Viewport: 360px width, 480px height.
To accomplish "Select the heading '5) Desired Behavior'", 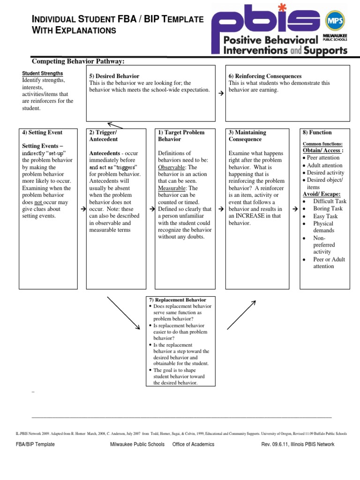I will pos(114,76).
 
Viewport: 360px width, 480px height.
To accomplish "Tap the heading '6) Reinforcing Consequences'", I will pos(265,76).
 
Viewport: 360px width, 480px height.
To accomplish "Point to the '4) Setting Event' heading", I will pos(42,133).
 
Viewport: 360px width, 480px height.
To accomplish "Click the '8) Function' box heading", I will pos(317,133).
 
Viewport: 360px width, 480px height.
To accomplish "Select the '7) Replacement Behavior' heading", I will pos(177,300).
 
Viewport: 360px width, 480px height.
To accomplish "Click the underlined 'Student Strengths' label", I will pos(43,74).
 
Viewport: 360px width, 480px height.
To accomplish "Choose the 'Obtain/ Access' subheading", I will pos(322,150).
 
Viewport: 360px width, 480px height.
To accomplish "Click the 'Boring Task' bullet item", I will pos(328,209).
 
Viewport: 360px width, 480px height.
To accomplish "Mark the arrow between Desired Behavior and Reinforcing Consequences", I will pos(220,94).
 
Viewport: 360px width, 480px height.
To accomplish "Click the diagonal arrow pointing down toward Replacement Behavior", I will pos(124,313).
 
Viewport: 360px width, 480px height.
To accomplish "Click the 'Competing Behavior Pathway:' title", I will pos(78,61).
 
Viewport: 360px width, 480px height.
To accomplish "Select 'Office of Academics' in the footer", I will pos(193,444).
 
